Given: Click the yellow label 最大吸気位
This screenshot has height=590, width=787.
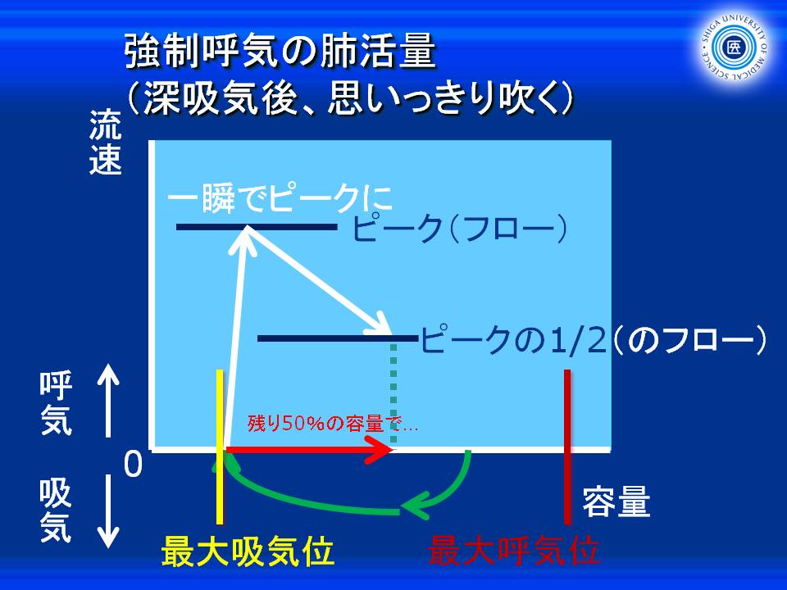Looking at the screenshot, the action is tap(248, 551).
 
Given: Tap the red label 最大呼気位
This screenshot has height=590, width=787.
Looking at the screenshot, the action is tap(513, 551).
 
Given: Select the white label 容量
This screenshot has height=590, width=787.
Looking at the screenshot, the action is tap(616, 502).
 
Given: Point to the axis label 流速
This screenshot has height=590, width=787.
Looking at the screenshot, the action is tap(105, 143).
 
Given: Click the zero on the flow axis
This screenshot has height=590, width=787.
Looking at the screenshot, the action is tap(133, 464).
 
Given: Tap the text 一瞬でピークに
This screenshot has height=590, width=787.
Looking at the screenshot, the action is tap(279, 199).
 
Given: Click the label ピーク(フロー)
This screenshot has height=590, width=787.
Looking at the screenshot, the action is tap(460, 229).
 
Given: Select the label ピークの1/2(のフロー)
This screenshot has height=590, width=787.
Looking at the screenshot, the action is tap(594, 339).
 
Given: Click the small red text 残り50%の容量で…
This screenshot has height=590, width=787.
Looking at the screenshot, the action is tap(332, 424).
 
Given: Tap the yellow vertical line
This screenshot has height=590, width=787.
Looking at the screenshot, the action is tap(220, 447).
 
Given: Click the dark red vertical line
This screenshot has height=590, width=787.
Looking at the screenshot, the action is tap(567, 447).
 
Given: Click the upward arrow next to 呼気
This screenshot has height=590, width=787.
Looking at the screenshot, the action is tap(108, 401).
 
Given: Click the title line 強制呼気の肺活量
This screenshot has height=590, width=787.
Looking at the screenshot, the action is tap(280, 51).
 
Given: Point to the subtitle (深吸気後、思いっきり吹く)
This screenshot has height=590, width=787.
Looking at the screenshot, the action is tap(350, 97).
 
